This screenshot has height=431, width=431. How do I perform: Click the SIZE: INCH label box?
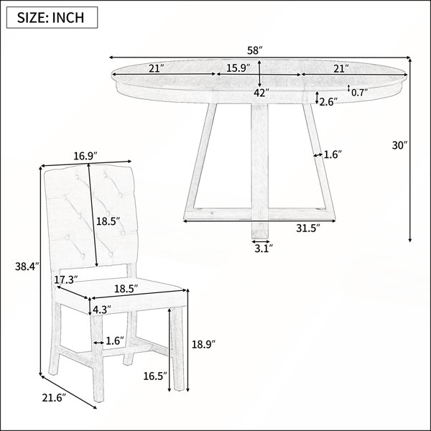[52, 17]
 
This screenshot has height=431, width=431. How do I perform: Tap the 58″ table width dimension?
[255, 50]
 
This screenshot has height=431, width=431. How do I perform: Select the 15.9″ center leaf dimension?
[238, 68]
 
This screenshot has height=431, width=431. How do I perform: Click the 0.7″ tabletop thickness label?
[360, 93]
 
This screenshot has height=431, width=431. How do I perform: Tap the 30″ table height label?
[399, 145]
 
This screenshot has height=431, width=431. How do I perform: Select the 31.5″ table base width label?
[308, 228]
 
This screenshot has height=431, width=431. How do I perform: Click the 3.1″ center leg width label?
[264, 249]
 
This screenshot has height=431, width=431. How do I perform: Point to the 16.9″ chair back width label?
[85, 156]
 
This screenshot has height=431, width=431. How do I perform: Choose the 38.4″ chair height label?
[27, 267]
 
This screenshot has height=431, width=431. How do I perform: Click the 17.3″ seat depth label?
[65, 280]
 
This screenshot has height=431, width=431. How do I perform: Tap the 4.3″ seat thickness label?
[101, 310]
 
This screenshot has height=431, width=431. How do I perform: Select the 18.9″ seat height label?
[203, 344]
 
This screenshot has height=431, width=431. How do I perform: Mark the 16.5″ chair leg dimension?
[155, 376]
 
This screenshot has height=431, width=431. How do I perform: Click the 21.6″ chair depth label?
[54, 398]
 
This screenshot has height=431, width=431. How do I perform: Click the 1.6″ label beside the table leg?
[333, 154]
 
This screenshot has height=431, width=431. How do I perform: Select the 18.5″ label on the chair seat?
[126, 289]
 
